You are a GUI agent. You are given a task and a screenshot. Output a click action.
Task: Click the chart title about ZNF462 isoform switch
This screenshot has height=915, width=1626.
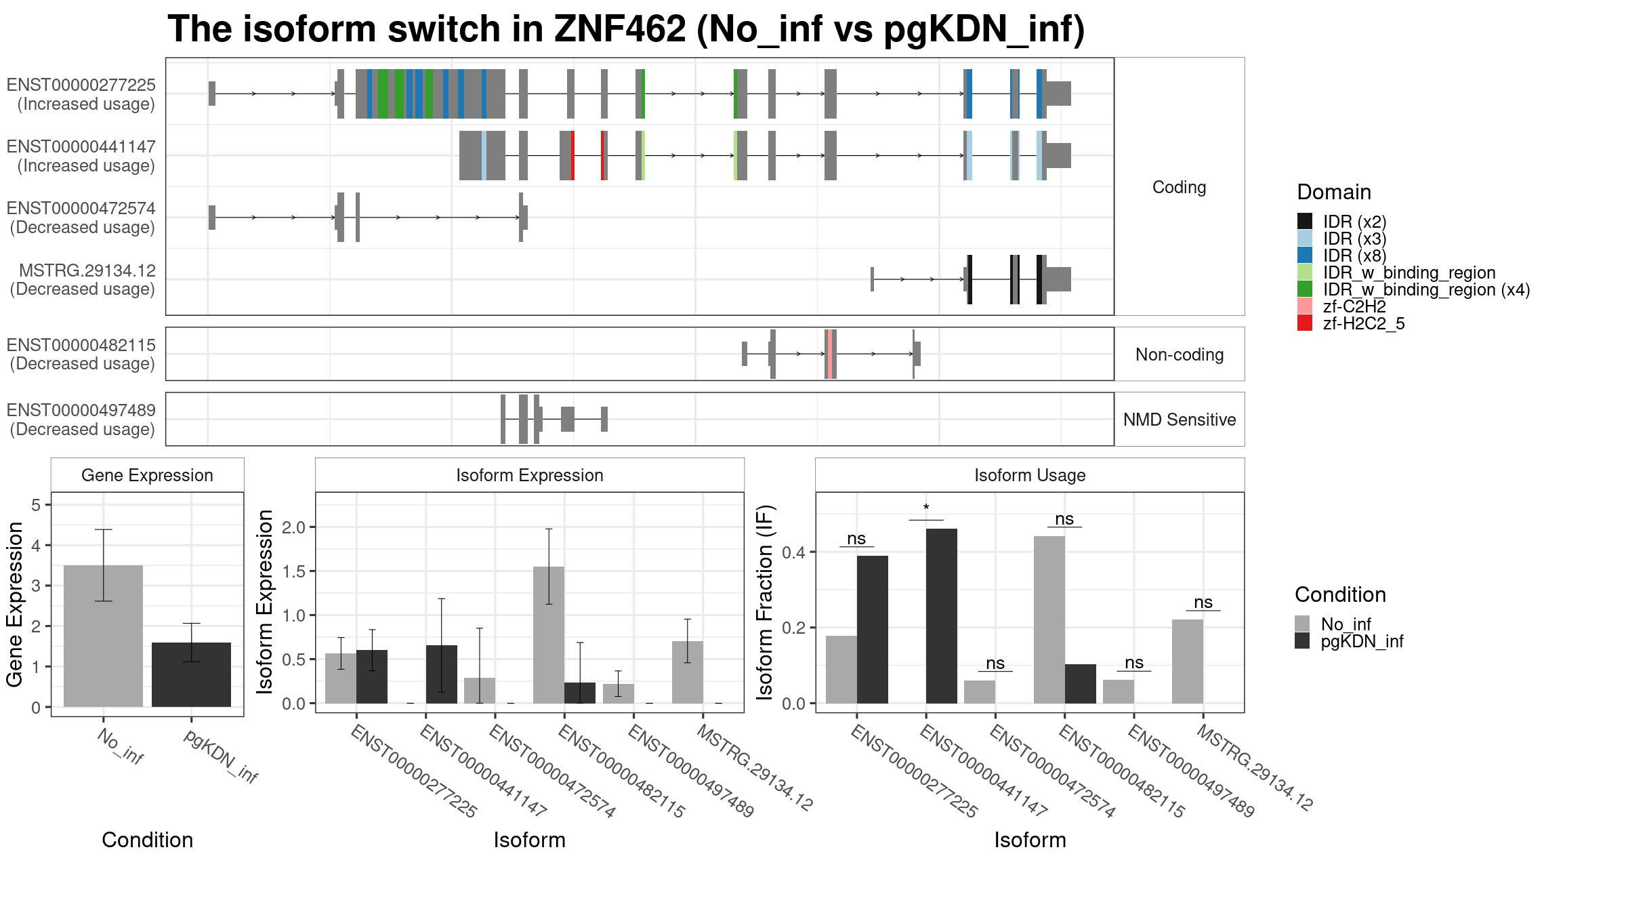pyautogui.click(x=626, y=29)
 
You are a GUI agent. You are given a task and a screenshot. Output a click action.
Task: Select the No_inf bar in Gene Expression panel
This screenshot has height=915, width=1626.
pyautogui.click(x=103, y=636)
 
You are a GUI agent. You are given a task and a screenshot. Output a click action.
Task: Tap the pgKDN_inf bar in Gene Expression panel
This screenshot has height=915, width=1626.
pyautogui.click(x=191, y=674)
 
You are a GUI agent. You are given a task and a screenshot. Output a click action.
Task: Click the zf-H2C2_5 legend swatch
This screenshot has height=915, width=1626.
pyautogui.click(x=1304, y=323)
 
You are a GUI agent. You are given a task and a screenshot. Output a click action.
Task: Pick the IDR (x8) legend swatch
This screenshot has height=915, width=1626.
pyautogui.click(x=1304, y=256)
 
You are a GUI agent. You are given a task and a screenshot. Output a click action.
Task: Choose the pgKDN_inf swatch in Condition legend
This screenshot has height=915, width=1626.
pyautogui.click(x=1302, y=641)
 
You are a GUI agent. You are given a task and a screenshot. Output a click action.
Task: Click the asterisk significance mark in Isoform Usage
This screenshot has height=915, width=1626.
pyautogui.click(x=926, y=508)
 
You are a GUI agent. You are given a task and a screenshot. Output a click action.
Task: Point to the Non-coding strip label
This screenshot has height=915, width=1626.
pyautogui.click(x=1180, y=354)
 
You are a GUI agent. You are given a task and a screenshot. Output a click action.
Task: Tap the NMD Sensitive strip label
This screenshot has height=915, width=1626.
pyautogui.click(x=1180, y=420)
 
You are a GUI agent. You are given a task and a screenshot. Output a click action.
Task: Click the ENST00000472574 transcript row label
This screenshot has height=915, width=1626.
pyautogui.click(x=81, y=218)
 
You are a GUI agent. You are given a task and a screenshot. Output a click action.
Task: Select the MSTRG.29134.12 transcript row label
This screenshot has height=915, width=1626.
pyautogui.click(x=82, y=279)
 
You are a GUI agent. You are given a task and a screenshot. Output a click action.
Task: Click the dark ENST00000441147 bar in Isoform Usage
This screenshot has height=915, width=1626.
pyautogui.click(x=942, y=616)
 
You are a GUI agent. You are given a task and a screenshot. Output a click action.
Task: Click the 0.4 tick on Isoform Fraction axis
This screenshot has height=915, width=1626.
pyautogui.click(x=794, y=552)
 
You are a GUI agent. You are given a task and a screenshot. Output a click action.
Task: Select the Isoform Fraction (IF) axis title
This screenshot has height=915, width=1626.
pyautogui.click(x=765, y=603)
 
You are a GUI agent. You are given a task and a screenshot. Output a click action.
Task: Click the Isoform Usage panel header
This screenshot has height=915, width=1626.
pyautogui.click(x=1030, y=475)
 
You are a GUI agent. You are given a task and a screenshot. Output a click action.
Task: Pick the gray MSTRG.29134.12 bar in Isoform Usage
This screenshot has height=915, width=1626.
pyautogui.click(x=1188, y=662)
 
